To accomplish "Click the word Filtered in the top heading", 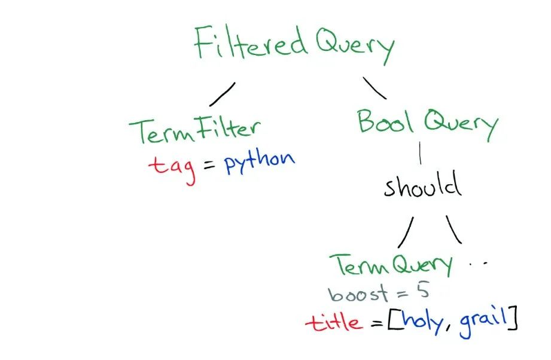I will (x=248, y=45).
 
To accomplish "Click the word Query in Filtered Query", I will (x=355, y=46).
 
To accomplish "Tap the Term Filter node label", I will (x=195, y=130).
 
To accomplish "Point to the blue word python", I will (x=259, y=161).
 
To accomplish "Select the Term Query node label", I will (x=392, y=265).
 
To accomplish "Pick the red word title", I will (x=334, y=323).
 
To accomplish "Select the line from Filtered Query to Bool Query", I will (x=375, y=88).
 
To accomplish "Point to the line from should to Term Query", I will (x=406, y=233).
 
